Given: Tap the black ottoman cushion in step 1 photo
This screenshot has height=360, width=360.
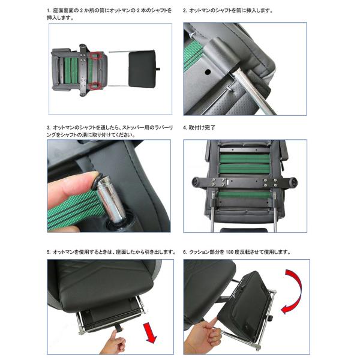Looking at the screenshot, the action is (142, 69).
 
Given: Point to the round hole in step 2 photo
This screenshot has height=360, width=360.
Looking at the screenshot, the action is (208, 72).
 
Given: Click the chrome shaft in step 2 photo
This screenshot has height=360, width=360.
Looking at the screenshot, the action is (253, 92).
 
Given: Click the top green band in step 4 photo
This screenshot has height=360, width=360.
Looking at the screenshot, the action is (245, 158).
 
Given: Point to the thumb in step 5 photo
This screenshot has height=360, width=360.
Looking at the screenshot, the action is (114, 335).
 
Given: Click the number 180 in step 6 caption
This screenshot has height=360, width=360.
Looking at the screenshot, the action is (230, 252).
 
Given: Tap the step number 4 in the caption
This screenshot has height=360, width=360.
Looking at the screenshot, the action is (185, 128).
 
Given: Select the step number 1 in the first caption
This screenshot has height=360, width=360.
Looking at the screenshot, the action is (49, 11).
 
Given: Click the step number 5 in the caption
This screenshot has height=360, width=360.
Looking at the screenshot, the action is (49, 252).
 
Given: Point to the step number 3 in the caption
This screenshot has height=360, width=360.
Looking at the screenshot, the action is (49, 128).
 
